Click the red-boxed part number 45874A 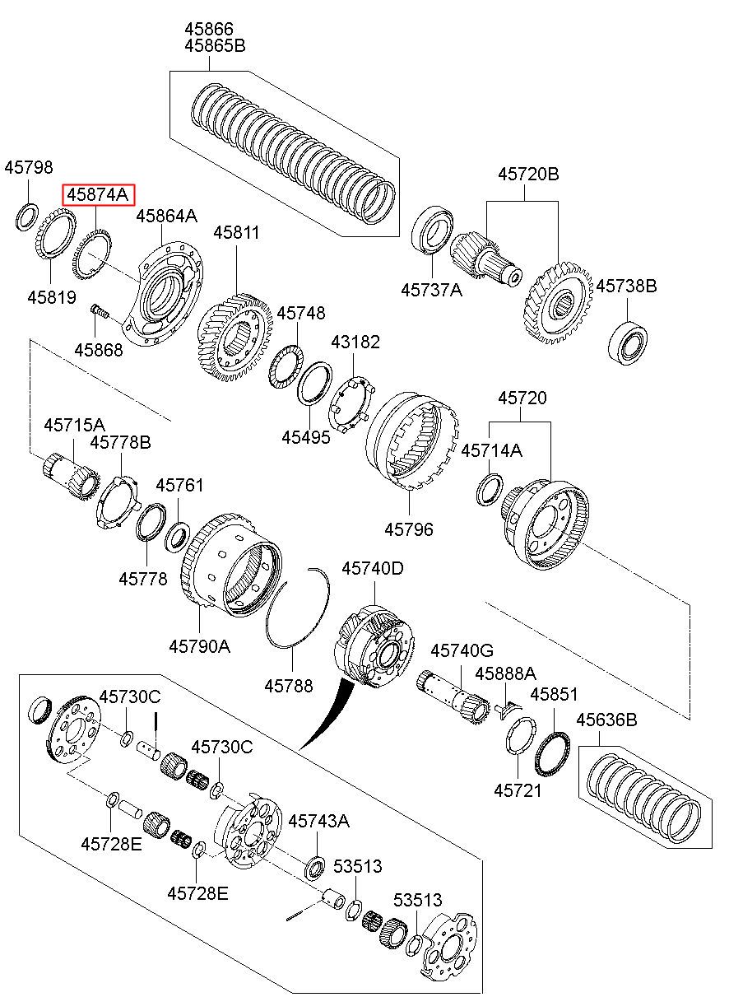point(98,195)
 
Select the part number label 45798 point(28,167)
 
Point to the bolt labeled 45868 point(99,313)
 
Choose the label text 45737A point(431,290)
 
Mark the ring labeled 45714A point(490,489)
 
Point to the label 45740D point(373,568)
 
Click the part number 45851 point(554,694)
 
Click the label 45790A point(199,646)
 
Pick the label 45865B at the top point(215,46)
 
